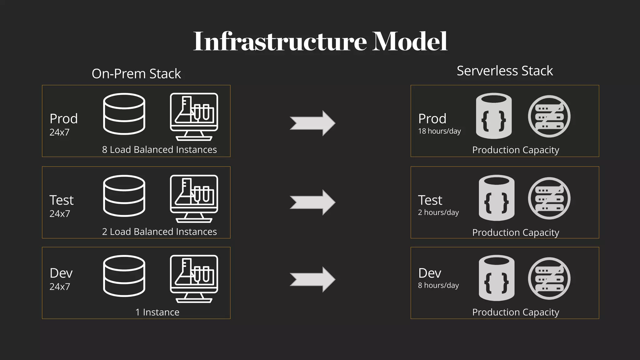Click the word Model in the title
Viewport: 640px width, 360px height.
pyautogui.click(x=410, y=41)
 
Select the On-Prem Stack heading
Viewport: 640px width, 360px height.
pyautogui.click(x=136, y=74)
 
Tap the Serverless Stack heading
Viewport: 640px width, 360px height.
pyautogui.click(x=505, y=71)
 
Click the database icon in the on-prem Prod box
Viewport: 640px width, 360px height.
pyautogui.click(x=124, y=114)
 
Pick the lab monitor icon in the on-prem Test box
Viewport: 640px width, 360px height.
pyautogui.click(x=194, y=198)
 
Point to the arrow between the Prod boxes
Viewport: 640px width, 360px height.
pyautogui.click(x=312, y=123)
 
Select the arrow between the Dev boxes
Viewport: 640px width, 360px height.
pyautogui.click(x=312, y=279)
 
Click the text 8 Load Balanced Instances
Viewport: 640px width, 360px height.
pyautogui.click(x=159, y=150)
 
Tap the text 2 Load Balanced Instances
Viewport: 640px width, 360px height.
pyautogui.click(x=159, y=232)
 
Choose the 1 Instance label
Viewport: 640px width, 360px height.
pyautogui.click(x=157, y=312)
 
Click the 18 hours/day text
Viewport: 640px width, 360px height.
pyautogui.click(x=439, y=131)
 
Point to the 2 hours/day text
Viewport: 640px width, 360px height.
pyautogui.click(x=438, y=212)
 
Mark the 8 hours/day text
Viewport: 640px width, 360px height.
pyautogui.click(x=438, y=285)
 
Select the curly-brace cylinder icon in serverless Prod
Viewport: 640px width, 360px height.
pyautogui.click(x=494, y=116)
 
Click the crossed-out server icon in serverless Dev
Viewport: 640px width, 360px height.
pyautogui.click(x=549, y=278)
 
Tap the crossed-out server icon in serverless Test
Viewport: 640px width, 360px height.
pyautogui.click(x=549, y=198)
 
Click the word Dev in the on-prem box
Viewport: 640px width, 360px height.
pyautogui.click(x=61, y=273)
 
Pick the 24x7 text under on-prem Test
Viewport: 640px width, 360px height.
pyautogui.click(x=60, y=214)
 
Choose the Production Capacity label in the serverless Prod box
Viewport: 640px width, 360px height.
pyautogui.click(x=516, y=150)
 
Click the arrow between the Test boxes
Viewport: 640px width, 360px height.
pyautogui.click(x=312, y=202)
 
